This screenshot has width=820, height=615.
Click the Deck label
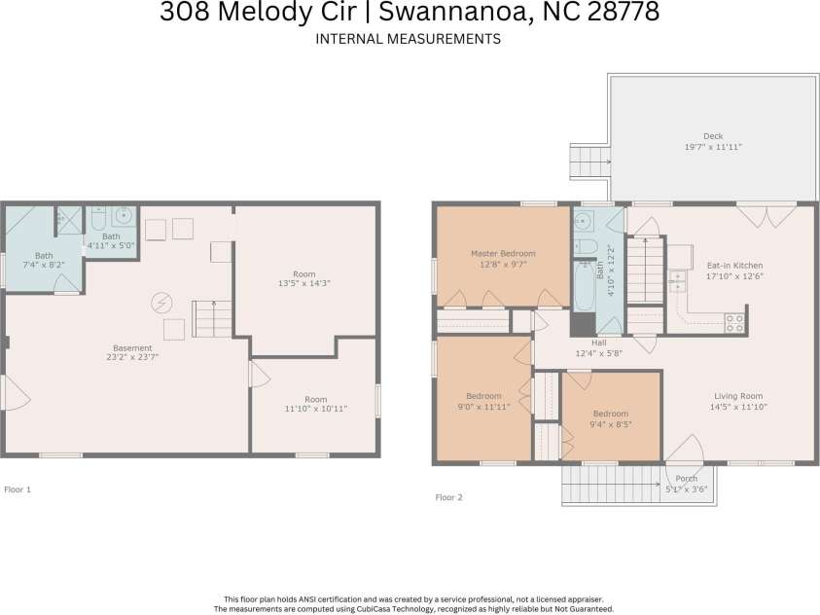[x=713, y=136]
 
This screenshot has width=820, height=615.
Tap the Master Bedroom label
[x=503, y=254]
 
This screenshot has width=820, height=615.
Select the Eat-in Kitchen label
[x=734, y=266]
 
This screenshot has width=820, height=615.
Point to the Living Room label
[x=738, y=396]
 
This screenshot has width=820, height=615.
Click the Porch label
[x=686, y=479]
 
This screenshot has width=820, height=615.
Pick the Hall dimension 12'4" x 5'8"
[x=599, y=353]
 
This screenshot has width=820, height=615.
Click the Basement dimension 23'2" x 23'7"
[x=132, y=357]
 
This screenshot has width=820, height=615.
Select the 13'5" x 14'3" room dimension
[x=304, y=283]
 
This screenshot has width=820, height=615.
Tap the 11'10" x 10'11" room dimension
[x=316, y=409]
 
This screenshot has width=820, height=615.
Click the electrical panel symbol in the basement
[x=162, y=303]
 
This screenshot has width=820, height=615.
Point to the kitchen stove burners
[x=734, y=323]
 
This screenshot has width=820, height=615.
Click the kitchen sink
[x=678, y=281]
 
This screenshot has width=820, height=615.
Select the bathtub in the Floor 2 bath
[x=585, y=286]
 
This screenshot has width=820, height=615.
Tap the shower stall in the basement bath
[x=70, y=220]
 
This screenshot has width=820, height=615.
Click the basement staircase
[x=212, y=319]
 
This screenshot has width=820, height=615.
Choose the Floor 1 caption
[x=18, y=489]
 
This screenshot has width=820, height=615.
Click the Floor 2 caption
[x=449, y=497]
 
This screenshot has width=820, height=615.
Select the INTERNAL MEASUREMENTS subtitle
[x=409, y=39]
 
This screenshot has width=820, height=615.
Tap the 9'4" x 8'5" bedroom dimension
[x=611, y=424]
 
